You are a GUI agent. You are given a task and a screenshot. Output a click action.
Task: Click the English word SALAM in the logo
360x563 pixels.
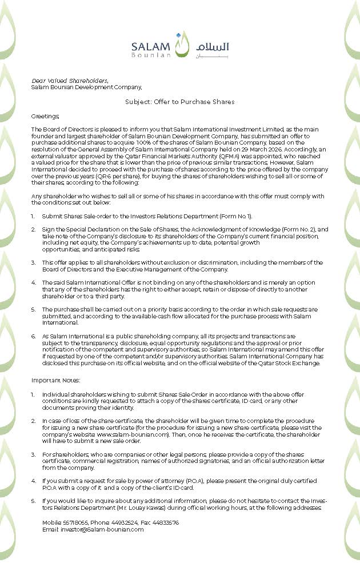[150, 46]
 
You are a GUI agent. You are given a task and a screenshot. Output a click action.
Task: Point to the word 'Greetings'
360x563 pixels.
[45, 116]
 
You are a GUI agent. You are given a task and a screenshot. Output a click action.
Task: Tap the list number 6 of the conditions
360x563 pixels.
[33, 336]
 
